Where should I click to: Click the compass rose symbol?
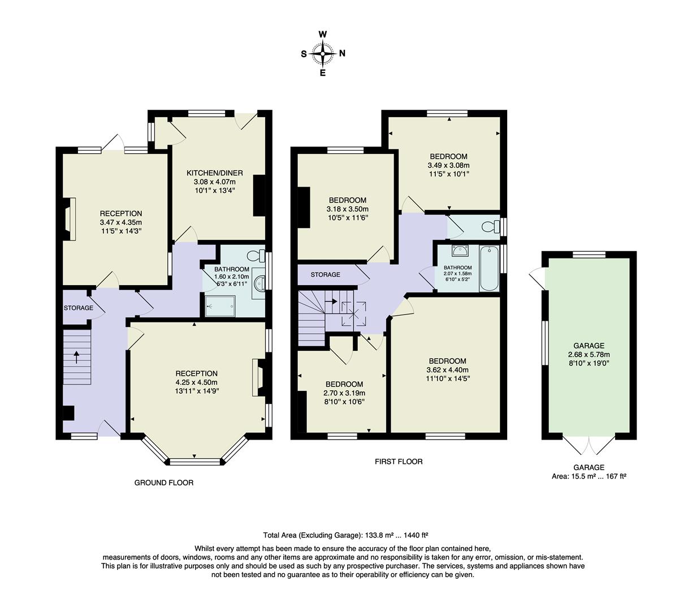323,54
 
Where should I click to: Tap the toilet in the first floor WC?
489,227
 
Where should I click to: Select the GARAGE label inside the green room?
589,346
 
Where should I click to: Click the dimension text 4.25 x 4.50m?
197,382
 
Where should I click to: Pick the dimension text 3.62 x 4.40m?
447,370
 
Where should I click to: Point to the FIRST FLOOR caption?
399,462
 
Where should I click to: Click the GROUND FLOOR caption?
164,483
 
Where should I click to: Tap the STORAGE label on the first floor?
326,274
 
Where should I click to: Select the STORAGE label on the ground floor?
78,308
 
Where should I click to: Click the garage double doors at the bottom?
589,445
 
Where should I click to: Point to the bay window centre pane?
194,462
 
